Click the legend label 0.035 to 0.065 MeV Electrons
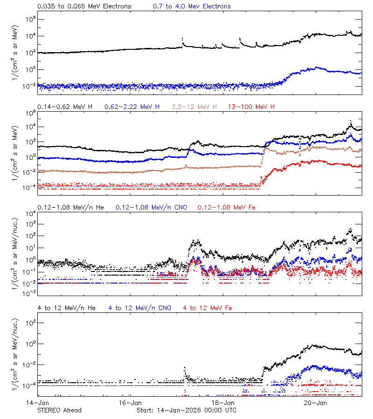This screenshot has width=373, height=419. [84, 7]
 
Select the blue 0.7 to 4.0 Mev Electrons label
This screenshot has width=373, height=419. [192, 7]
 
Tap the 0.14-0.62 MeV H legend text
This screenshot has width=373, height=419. [65, 107]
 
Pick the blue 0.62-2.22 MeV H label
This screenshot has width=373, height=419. [132, 107]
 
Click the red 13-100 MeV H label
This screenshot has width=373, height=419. [251, 107]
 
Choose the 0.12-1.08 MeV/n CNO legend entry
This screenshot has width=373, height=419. [152, 207]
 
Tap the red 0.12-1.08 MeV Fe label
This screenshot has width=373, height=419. [227, 207]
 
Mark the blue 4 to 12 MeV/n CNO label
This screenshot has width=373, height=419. [140, 308]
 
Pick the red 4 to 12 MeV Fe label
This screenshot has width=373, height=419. [208, 308]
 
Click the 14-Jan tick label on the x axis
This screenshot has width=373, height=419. [38, 402]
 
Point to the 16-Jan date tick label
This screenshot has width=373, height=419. [131, 402]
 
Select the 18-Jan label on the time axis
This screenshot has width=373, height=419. [223, 402]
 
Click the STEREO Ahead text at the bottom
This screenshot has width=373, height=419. [59, 410]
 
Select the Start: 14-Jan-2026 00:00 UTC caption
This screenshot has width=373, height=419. [186, 410]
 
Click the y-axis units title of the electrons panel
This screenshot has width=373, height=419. [14, 51]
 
